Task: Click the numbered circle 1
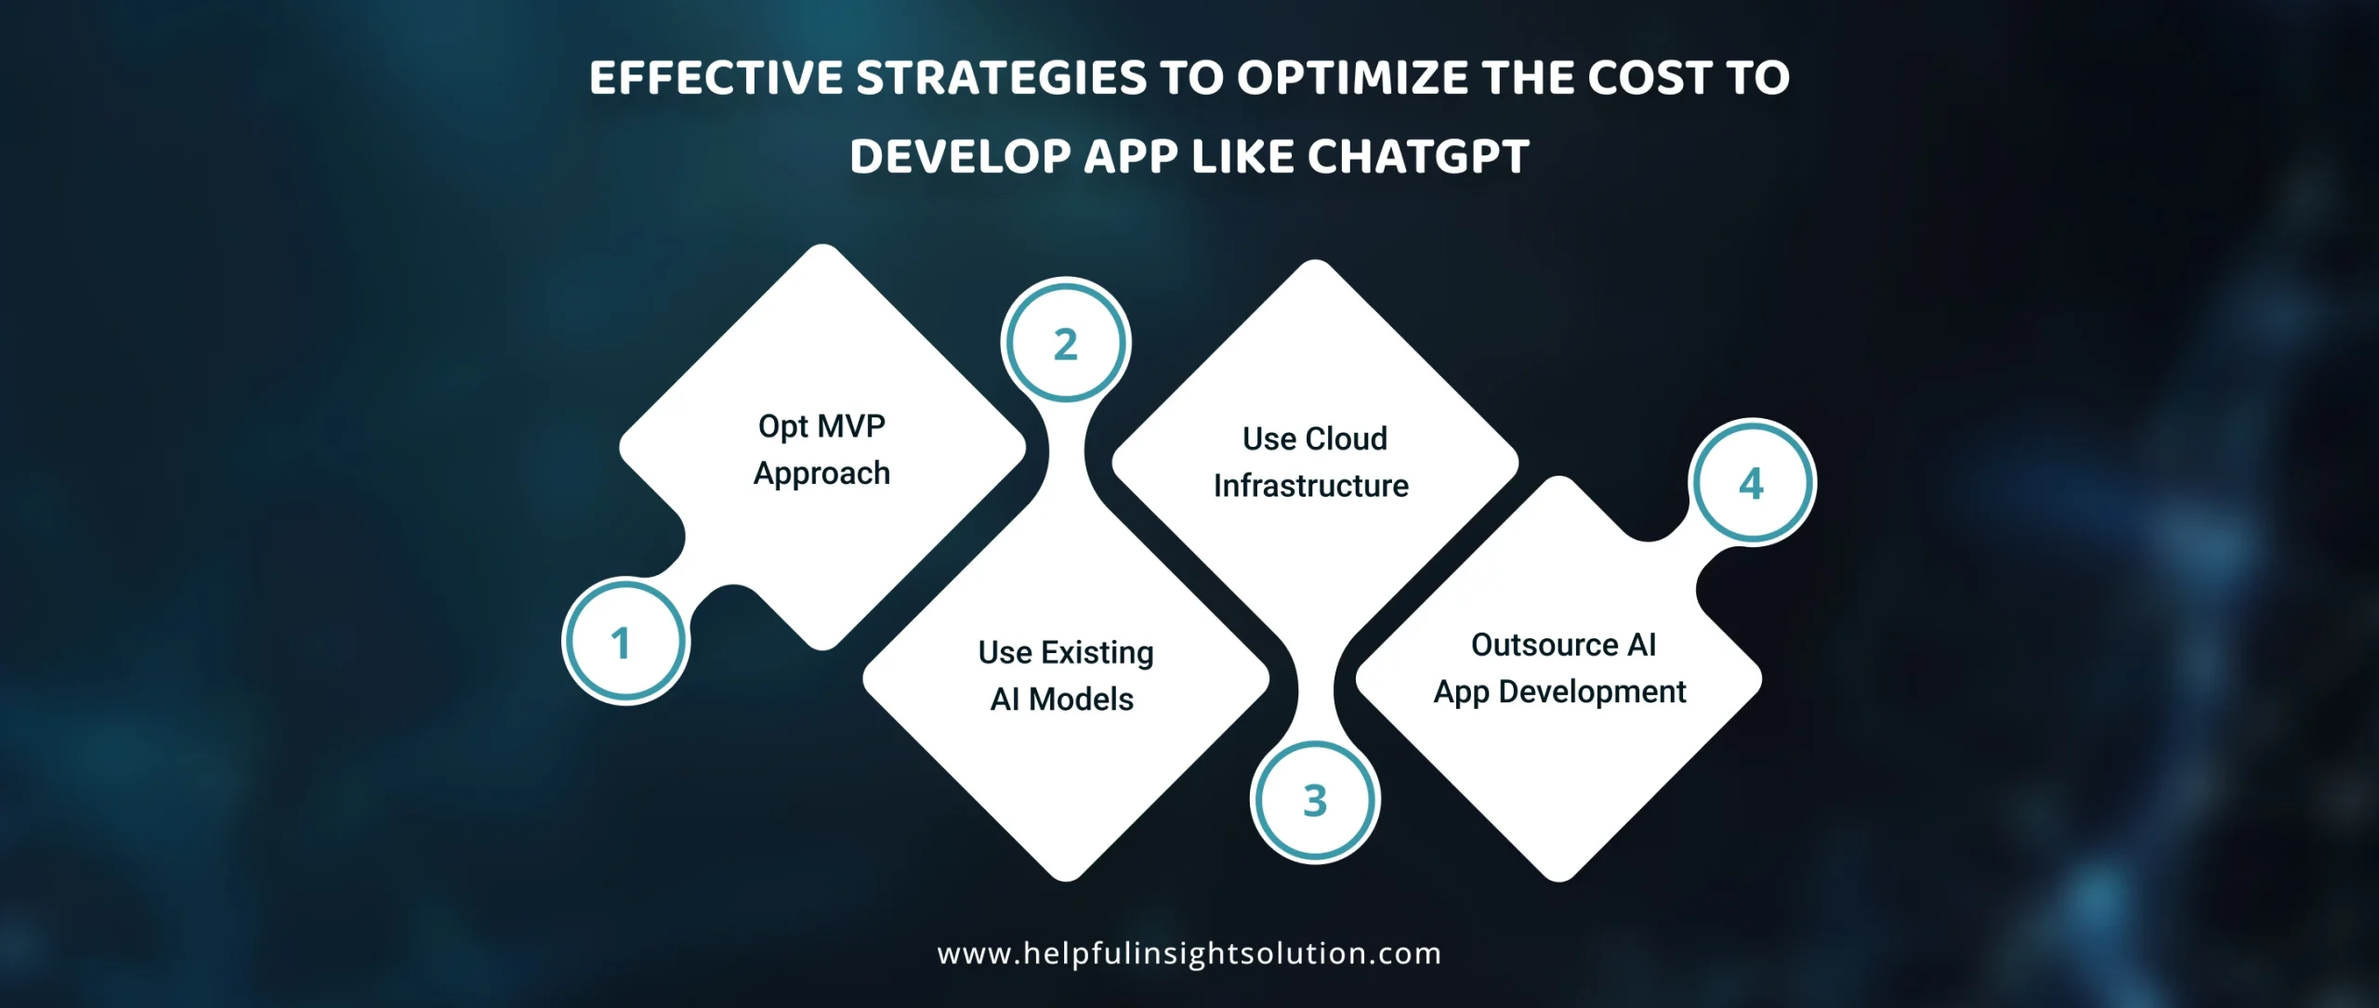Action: (624, 641)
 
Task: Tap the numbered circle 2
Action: (1066, 343)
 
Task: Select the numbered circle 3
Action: (1315, 800)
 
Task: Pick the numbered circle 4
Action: (1753, 483)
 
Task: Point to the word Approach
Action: (821, 474)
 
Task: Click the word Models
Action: (1081, 699)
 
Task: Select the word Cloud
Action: (1347, 439)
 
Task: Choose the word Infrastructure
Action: (1311, 485)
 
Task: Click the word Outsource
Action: (1544, 645)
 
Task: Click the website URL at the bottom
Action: (1189, 953)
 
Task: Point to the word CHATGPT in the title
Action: (1418, 156)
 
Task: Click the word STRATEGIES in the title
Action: (1002, 77)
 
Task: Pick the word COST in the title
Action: (1650, 77)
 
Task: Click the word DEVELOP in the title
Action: (960, 156)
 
